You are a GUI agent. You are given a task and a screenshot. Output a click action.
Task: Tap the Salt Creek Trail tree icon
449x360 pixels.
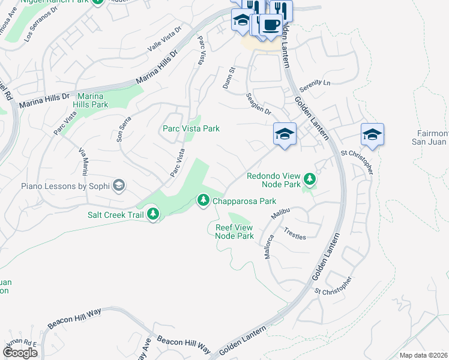[153, 214]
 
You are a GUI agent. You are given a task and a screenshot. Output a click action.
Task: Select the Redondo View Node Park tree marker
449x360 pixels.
[310, 179]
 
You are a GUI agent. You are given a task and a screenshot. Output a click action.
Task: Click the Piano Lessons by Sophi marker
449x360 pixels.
[119, 185]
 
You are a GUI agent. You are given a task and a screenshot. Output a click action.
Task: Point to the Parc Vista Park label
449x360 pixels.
[191, 128]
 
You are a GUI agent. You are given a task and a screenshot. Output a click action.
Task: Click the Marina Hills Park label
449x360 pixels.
[91, 100]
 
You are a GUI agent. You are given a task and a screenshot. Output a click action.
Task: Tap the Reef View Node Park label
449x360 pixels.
[235, 232]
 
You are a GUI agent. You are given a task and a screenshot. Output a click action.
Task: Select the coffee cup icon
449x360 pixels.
[270, 26]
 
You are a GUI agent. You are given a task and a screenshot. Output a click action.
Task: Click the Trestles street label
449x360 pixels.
[295, 233]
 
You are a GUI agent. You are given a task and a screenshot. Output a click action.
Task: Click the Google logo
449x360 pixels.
[20, 353]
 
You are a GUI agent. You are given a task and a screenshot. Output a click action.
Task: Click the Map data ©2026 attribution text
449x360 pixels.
[423, 355]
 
